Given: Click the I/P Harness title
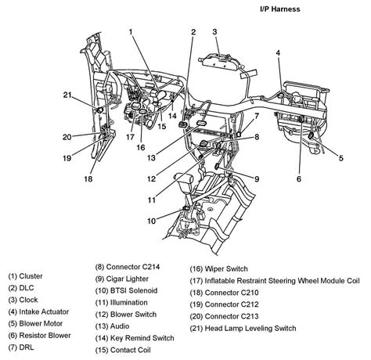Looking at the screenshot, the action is [280, 9].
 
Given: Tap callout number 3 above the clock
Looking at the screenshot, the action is [214, 32].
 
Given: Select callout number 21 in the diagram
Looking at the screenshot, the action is [67, 95].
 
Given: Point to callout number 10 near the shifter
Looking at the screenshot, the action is [151, 221].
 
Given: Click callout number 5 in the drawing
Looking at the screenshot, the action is [340, 158].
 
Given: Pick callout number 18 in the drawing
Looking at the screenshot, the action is [88, 179].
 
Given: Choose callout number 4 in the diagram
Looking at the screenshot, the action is [278, 53].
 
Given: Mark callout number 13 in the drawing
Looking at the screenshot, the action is [151, 158].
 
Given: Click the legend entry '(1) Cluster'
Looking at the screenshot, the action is [25, 276].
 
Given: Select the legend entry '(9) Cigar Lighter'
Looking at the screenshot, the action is [122, 279].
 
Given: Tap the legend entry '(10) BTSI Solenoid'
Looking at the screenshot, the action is [126, 290].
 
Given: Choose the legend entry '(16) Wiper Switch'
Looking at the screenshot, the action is [218, 269].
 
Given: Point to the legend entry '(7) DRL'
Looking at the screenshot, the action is [21, 347].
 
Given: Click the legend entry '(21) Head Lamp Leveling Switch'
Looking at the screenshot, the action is [243, 328].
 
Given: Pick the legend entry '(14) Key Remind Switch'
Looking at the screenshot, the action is [135, 338].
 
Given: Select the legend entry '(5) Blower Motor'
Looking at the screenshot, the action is [35, 324].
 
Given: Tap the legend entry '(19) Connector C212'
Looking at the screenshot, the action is [224, 304].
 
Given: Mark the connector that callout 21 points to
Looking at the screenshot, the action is [100, 110].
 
